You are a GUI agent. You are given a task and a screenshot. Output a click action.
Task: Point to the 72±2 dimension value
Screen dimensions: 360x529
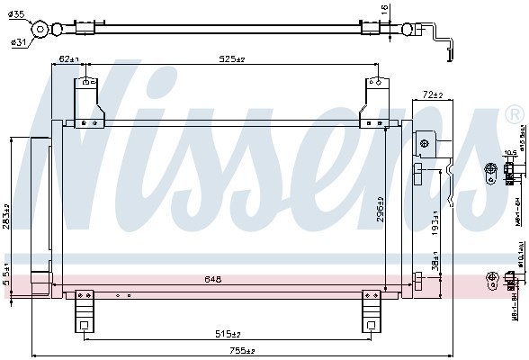(x=434, y=94)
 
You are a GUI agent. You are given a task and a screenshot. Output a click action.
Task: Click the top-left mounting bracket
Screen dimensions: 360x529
(x=88, y=103)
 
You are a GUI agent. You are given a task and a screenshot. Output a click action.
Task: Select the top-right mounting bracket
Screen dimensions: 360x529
(x=373, y=103)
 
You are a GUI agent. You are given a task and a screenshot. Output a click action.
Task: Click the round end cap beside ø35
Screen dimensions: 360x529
(x=40, y=30)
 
